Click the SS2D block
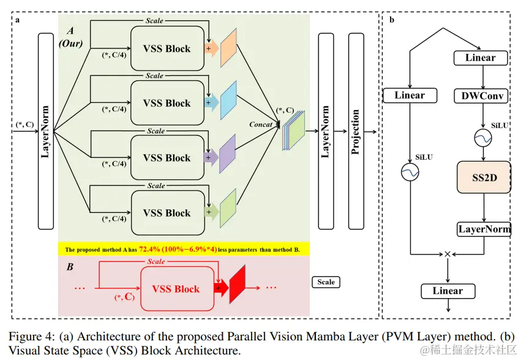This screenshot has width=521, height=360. click(x=484, y=177)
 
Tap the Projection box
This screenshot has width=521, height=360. click(x=356, y=131)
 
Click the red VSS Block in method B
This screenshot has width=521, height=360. click(x=177, y=288)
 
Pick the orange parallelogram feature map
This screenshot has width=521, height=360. click(x=228, y=48)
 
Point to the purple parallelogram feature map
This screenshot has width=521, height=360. click(x=228, y=154)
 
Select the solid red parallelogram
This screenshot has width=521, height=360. click(x=238, y=284)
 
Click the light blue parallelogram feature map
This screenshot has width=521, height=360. click(x=228, y=100)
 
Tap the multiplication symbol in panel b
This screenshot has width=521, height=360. click(x=448, y=254)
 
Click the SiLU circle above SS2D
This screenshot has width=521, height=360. click(x=483, y=138)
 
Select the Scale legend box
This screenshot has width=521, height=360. click(x=326, y=282)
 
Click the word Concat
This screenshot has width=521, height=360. click(x=261, y=124)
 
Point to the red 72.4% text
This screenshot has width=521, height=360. click(x=149, y=249)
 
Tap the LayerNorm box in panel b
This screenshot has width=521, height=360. click(x=484, y=229)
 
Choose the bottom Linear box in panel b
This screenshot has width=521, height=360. click(x=448, y=291)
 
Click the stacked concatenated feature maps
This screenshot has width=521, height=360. click(x=293, y=130)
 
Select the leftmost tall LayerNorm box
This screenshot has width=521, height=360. click(x=46, y=131)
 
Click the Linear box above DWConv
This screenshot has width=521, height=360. click(x=481, y=58)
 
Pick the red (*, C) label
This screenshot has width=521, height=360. click(x=125, y=296)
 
